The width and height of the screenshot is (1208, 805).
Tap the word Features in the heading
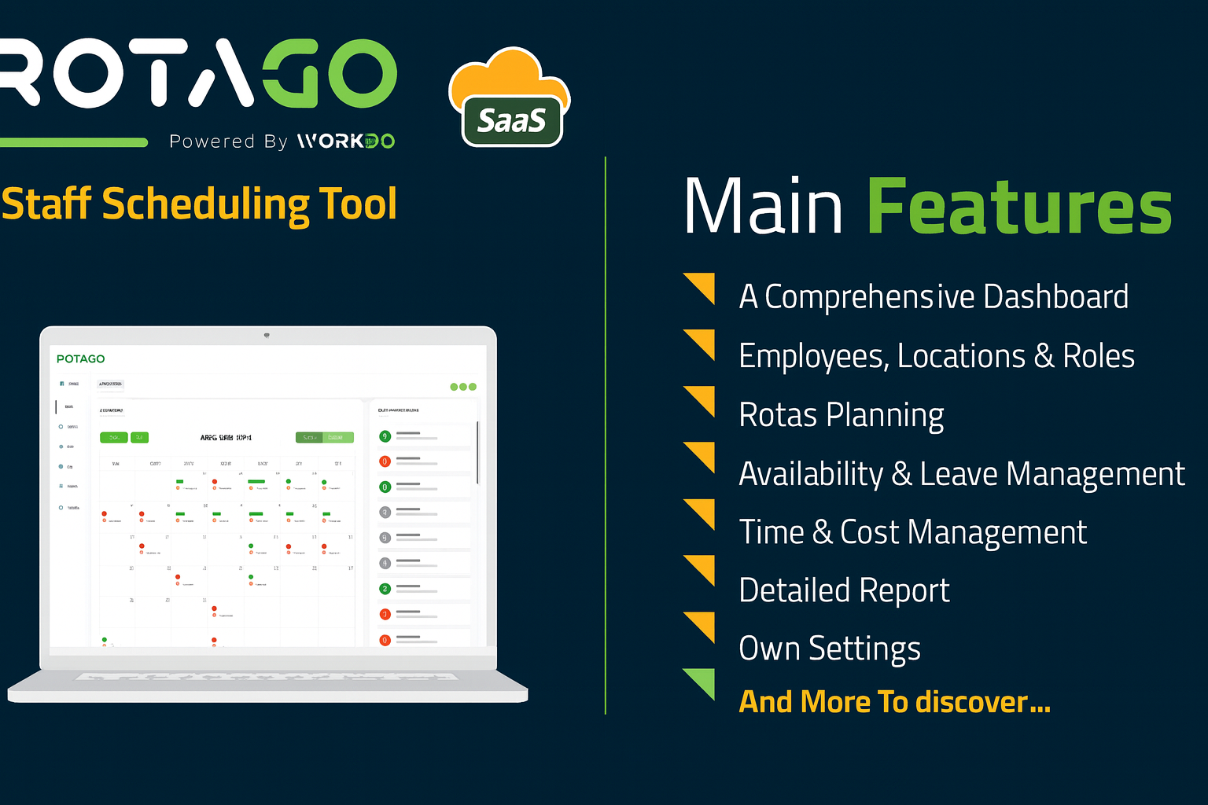point(1019,207)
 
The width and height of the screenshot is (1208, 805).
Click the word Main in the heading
point(763,207)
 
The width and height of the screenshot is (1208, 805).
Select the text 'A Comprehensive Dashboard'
point(934,297)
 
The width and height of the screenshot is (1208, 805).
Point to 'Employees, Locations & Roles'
point(937,356)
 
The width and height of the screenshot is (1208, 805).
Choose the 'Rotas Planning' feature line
point(842,415)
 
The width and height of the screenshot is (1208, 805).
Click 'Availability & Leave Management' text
point(962,474)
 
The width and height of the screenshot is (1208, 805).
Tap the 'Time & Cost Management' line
point(913,532)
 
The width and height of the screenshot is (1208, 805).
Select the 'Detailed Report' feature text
point(845,590)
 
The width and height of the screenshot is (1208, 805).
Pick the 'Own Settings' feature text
point(830,649)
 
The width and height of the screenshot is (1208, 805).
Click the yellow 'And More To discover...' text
point(895,701)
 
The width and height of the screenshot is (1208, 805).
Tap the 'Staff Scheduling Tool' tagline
point(200,204)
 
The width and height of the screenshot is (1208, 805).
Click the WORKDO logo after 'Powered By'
point(345,142)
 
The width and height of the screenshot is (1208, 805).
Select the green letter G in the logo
point(290,74)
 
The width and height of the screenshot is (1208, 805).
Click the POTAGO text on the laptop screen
point(80,358)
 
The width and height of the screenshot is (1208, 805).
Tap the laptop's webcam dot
point(267,335)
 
